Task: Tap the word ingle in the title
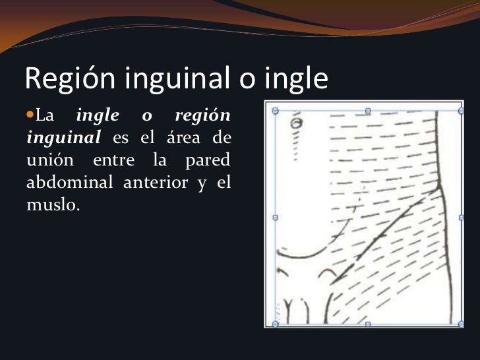point(295,80)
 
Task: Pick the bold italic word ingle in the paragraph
point(98,116)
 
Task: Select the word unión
point(49,160)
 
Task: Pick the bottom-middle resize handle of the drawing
point(368,324)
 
